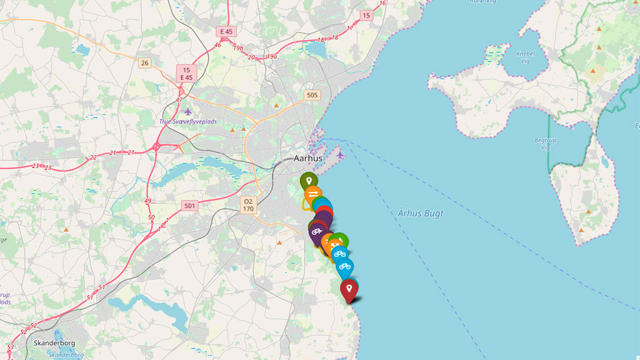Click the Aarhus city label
pyautogui.click(x=308, y=158)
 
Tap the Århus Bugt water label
pyautogui.click(x=421, y=213)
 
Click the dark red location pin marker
pyautogui.click(x=349, y=289)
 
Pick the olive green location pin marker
pyautogui.click(x=308, y=181)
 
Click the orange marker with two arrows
pyautogui.click(x=313, y=193)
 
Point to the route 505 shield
pyautogui.click(x=312, y=95)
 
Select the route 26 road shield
pyautogui.click(x=145, y=62)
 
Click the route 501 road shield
pyautogui.click(x=190, y=205)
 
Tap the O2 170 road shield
pyautogui.click(x=249, y=204)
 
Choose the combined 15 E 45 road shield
pyautogui.click(x=187, y=73)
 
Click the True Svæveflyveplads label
pyautogui.click(x=187, y=121)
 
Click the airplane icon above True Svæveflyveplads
pyautogui.click(x=188, y=111)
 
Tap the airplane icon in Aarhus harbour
pyautogui.click(x=340, y=154)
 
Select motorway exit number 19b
pyautogui.click(x=238, y=47)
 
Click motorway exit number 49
pyautogui.click(x=148, y=201)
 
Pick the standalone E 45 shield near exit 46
pyautogui.click(x=226, y=31)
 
